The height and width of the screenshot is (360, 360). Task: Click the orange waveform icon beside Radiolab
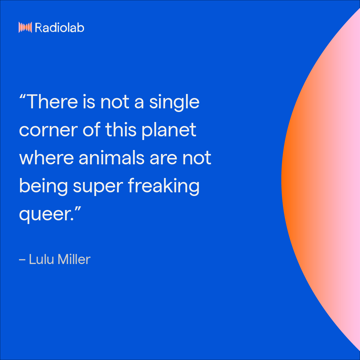click(25, 27)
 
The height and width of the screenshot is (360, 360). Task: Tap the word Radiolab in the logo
click(59, 27)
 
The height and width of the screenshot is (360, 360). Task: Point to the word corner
click(48, 130)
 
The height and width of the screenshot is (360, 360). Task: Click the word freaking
click(164, 186)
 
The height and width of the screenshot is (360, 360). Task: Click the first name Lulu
click(41, 259)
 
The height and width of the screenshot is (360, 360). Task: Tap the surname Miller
click(74, 259)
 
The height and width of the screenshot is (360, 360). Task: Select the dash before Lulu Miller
click(22, 260)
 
